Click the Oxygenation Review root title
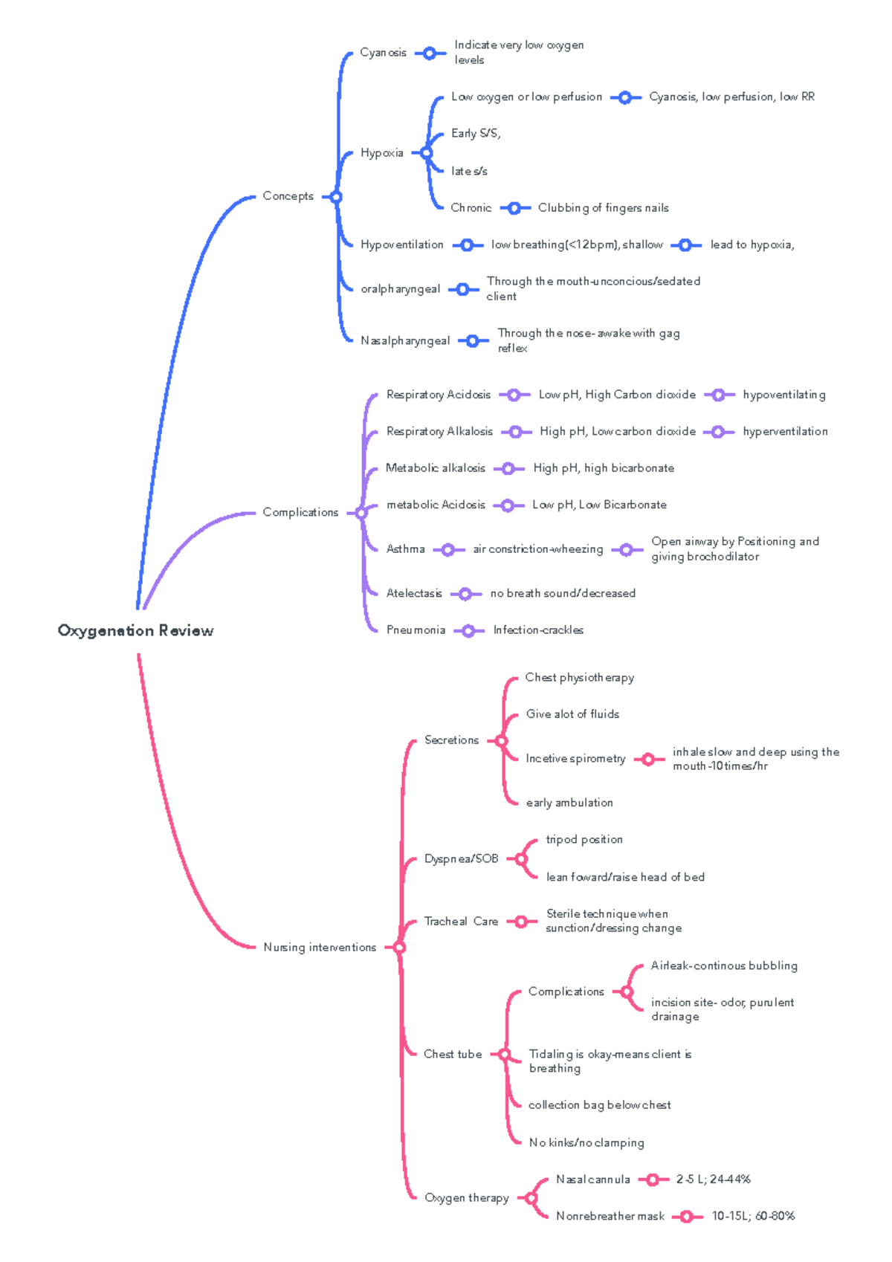(x=135, y=631)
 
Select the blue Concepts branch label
(x=288, y=196)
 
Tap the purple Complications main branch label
(x=300, y=512)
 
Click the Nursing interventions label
(x=320, y=947)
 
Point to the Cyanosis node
(x=383, y=53)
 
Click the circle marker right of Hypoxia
(x=426, y=153)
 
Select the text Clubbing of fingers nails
(x=603, y=208)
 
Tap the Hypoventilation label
(x=401, y=245)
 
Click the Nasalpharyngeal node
(x=405, y=340)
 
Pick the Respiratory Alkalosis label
(x=439, y=431)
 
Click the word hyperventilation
(x=785, y=431)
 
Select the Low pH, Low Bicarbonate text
(x=599, y=505)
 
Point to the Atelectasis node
(x=414, y=593)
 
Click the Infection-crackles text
(x=538, y=630)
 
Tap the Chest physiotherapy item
(x=579, y=678)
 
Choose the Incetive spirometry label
(x=575, y=759)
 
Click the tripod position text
(x=584, y=840)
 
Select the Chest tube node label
(x=453, y=1054)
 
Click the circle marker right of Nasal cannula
(x=653, y=1180)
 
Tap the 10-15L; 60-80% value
(x=753, y=1217)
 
